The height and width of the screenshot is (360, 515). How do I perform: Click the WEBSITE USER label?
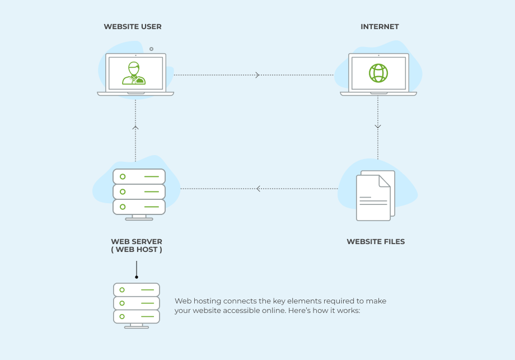133,27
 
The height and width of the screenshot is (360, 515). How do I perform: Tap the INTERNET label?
380,27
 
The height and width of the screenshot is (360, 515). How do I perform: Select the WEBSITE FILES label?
376,242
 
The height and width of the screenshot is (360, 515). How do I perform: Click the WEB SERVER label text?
137,242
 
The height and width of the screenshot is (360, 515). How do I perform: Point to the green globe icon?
378,73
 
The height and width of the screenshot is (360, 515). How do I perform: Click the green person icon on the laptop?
135,73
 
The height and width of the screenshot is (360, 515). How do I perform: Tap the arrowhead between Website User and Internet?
257,75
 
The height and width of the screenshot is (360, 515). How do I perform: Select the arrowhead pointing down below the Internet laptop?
378,127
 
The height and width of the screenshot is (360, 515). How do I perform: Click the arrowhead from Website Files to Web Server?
258,189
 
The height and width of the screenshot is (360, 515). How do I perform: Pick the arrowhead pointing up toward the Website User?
135,128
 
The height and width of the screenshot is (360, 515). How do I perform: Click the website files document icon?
374,196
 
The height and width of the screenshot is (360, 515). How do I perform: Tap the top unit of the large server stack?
139,176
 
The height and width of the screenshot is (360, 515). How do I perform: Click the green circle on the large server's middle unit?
123,191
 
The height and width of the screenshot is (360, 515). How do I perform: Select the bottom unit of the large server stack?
139,207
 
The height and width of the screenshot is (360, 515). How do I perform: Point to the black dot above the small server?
137,277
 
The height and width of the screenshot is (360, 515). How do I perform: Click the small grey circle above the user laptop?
151,49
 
